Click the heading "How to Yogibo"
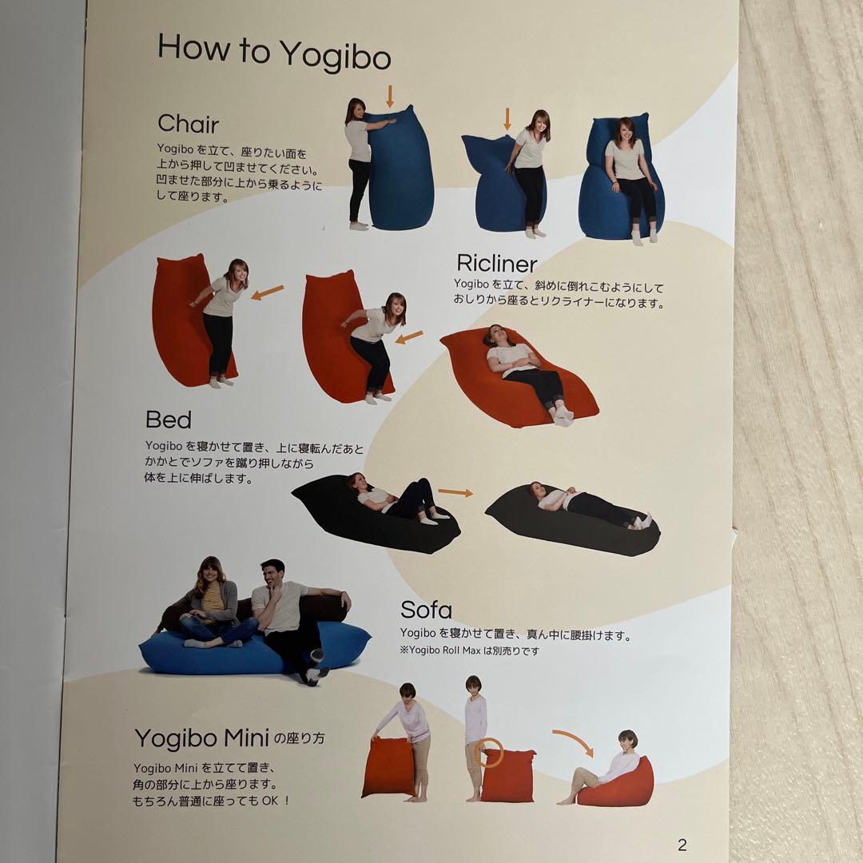[x=274, y=52]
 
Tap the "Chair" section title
[x=189, y=124]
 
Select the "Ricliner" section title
[x=496, y=263]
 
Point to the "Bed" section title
[x=169, y=420]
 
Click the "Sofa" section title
[x=426, y=609]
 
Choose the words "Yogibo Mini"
[x=202, y=738]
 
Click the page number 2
[x=682, y=845]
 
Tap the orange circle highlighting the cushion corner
[x=488, y=753]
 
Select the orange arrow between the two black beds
[x=455, y=492]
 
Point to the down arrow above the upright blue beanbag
[x=390, y=96]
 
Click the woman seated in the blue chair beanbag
[x=630, y=176]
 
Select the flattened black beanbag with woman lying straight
[x=572, y=520]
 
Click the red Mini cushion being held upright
[x=388, y=767]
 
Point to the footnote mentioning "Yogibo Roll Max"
[x=469, y=650]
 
